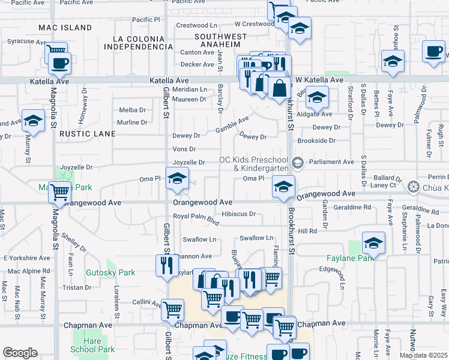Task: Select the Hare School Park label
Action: [92, 345]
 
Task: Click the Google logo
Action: [20, 353]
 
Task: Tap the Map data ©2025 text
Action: [423, 355]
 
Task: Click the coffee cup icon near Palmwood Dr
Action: [433, 51]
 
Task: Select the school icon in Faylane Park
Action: [373, 244]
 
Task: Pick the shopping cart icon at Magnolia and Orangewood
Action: [59, 193]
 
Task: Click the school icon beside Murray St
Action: [33, 120]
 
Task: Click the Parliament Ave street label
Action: [331, 162]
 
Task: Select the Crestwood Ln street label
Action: [196, 25]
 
